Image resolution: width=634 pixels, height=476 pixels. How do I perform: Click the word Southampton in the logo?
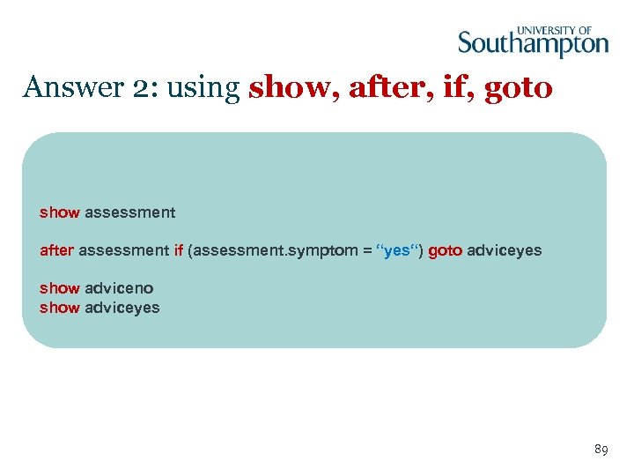533,43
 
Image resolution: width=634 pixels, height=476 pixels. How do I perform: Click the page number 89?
601,450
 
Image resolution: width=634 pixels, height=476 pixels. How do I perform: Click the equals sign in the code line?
366,250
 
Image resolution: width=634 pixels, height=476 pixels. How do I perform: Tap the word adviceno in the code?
119,288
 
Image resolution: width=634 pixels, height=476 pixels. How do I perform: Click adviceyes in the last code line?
122,308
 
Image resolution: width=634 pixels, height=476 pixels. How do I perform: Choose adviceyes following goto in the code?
505,250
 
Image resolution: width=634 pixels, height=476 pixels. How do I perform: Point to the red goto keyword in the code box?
446,250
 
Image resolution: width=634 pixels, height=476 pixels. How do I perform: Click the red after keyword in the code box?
57,250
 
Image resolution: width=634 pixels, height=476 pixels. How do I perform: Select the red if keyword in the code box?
178,250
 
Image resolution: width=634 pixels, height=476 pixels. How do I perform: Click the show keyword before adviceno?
60,288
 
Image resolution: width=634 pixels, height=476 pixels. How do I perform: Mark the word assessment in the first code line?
129,212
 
